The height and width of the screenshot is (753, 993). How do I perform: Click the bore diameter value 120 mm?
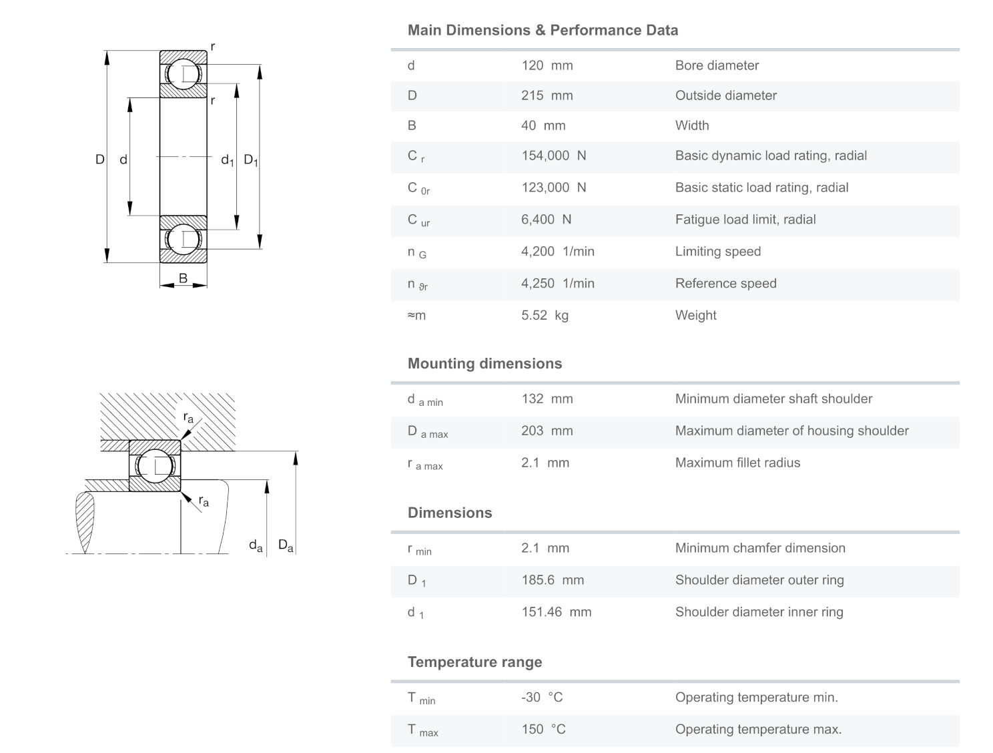click(547, 65)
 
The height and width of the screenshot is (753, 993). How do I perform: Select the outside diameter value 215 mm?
click(547, 95)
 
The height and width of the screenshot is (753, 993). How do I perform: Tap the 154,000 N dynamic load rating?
click(553, 156)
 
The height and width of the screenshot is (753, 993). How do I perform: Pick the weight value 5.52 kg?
click(545, 315)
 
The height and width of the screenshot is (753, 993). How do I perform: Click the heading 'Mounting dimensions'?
click(484, 364)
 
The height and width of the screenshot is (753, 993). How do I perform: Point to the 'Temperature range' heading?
click(474, 662)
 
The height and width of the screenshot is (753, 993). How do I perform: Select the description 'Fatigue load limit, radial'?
click(745, 220)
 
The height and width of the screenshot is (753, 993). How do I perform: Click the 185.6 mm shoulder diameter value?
click(552, 580)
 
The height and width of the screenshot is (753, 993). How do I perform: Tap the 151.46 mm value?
click(556, 612)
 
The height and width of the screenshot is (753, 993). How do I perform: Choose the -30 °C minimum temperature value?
click(542, 698)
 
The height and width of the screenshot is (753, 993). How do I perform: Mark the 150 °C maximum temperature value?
click(543, 730)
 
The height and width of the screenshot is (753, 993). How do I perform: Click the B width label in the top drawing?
click(183, 279)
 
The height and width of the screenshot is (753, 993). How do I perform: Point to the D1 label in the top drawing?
click(250, 160)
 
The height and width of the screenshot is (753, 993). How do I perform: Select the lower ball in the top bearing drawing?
click(183, 239)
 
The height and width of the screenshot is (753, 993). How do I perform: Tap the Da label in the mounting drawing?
click(285, 546)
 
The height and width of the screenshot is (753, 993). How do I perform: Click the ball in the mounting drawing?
click(155, 465)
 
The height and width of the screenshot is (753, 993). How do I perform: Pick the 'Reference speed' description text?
click(725, 284)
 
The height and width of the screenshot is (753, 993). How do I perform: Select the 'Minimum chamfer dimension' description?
click(759, 548)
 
